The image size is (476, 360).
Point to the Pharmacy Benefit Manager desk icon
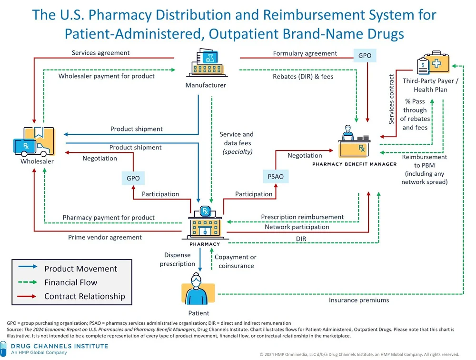(355, 140)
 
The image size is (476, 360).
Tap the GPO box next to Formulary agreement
(365, 55)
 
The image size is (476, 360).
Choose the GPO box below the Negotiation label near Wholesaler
(133, 178)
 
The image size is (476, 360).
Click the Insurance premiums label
(359, 300)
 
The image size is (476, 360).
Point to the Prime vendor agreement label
(105, 237)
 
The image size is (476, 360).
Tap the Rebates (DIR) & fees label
(303, 76)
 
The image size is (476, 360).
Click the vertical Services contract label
(391, 100)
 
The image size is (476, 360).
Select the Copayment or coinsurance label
(235, 261)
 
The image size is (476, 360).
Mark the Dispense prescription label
(178, 260)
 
